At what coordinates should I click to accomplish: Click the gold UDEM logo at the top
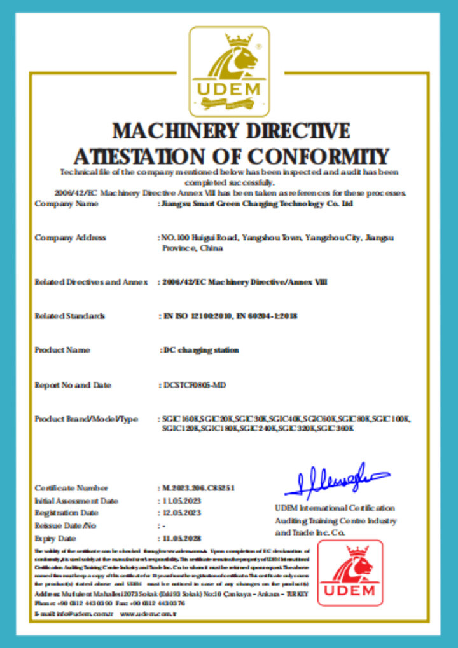click(x=229, y=70)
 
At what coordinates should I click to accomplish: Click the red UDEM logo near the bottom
click(x=350, y=572)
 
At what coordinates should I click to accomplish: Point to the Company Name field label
click(x=66, y=204)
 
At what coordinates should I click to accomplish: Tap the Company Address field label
click(x=70, y=238)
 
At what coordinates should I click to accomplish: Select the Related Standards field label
click(x=69, y=316)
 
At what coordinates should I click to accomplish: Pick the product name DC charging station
click(x=200, y=350)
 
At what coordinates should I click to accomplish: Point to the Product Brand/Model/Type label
click(x=86, y=419)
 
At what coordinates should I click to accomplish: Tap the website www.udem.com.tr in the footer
click(x=148, y=614)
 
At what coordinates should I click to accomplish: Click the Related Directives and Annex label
click(x=91, y=282)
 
